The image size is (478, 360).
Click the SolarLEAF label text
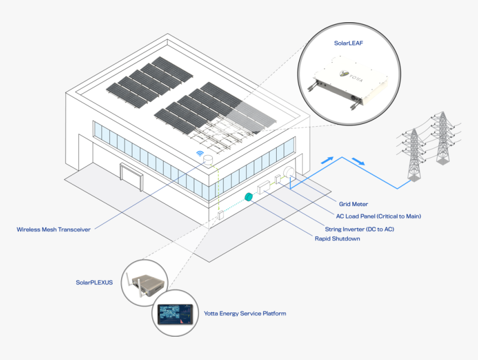[348, 42]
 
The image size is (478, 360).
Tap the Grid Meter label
[353, 204]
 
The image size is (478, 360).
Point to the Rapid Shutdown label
[337, 239]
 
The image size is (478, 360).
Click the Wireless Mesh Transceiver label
[53, 229]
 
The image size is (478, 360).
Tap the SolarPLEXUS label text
[94, 282]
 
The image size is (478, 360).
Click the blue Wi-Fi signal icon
[200, 153]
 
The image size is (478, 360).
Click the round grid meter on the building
[290, 172]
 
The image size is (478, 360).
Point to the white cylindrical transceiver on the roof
[208, 161]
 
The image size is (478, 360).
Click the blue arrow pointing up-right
[330, 159]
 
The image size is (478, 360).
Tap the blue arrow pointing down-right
[359, 163]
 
